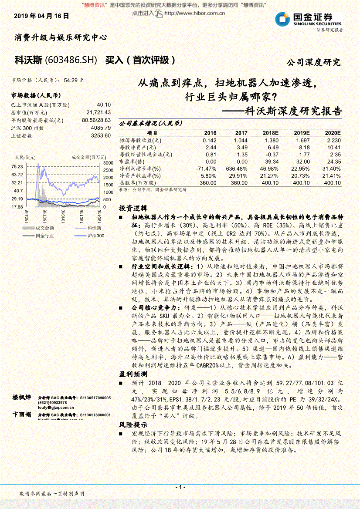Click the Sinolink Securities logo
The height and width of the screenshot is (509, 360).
(308, 20)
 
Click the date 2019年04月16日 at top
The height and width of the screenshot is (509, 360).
(41, 16)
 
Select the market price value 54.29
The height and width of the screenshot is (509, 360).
(71, 81)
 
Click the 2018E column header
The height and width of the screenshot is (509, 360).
(270, 133)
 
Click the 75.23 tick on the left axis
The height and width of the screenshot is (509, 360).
(17, 167)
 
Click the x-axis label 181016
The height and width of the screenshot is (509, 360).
(63, 215)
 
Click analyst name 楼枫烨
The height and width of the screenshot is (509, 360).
(22, 397)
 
